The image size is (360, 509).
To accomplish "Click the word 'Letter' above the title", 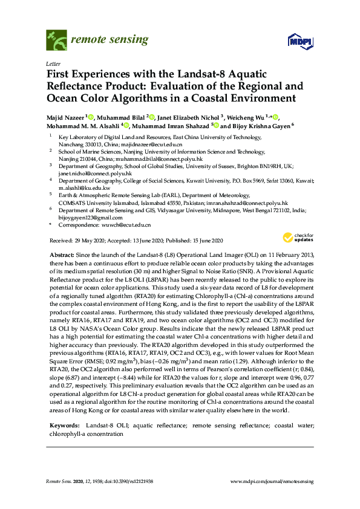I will click(52, 63).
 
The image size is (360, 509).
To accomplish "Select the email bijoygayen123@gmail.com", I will click(85, 216).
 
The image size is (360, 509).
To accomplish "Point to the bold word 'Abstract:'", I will click(61, 254).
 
